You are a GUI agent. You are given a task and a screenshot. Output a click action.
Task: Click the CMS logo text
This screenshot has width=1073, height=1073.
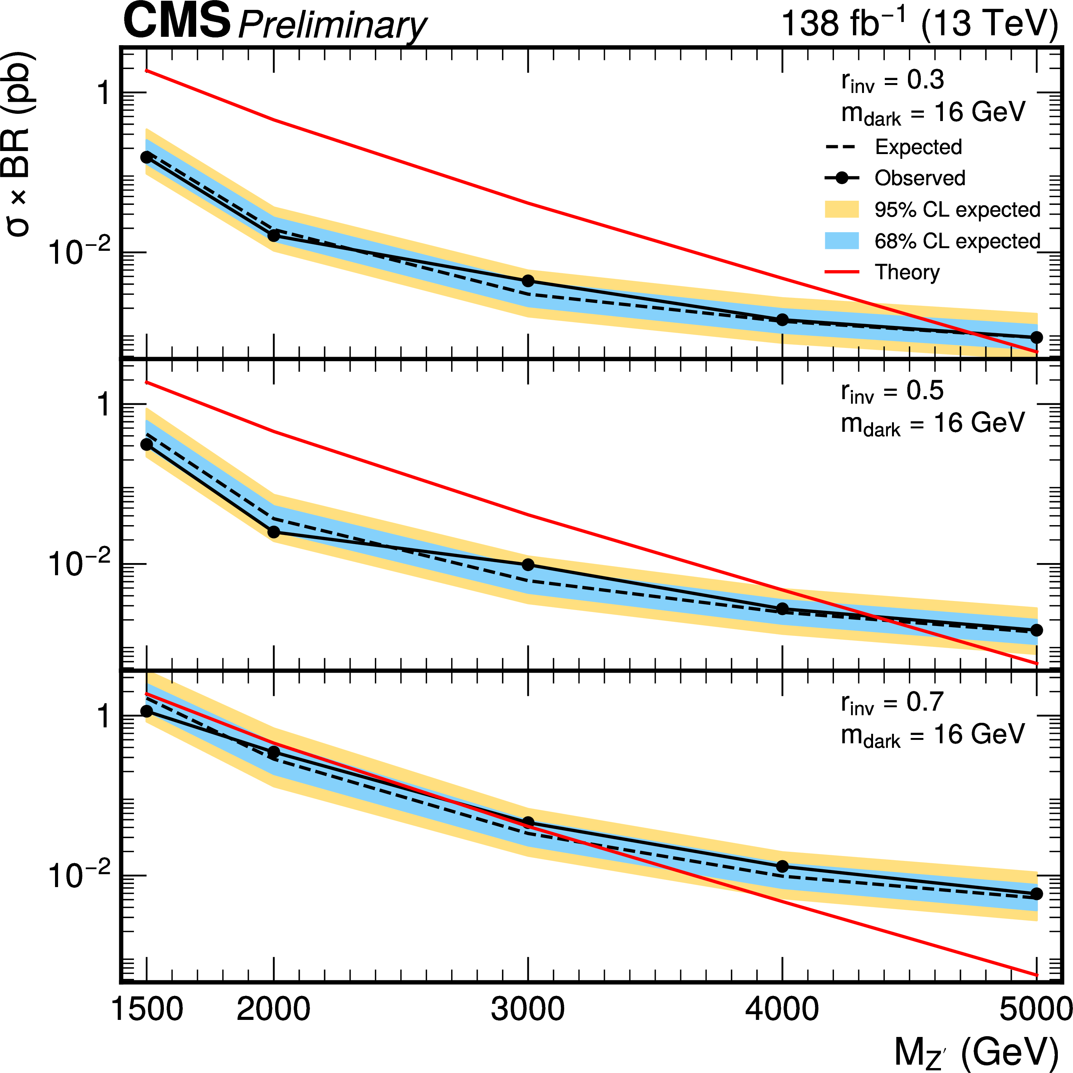click(176, 21)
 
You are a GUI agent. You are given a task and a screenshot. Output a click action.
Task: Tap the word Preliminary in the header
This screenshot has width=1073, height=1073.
click(332, 25)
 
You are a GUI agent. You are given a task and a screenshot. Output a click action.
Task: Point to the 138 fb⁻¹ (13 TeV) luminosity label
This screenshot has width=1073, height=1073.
click(919, 24)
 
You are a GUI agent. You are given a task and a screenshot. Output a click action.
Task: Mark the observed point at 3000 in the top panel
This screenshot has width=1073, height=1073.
click(528, 281)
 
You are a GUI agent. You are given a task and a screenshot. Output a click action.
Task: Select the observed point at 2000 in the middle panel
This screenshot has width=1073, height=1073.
click(274, 532)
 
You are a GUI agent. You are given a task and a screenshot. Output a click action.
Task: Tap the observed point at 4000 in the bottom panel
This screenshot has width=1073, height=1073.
click(782, 866)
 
